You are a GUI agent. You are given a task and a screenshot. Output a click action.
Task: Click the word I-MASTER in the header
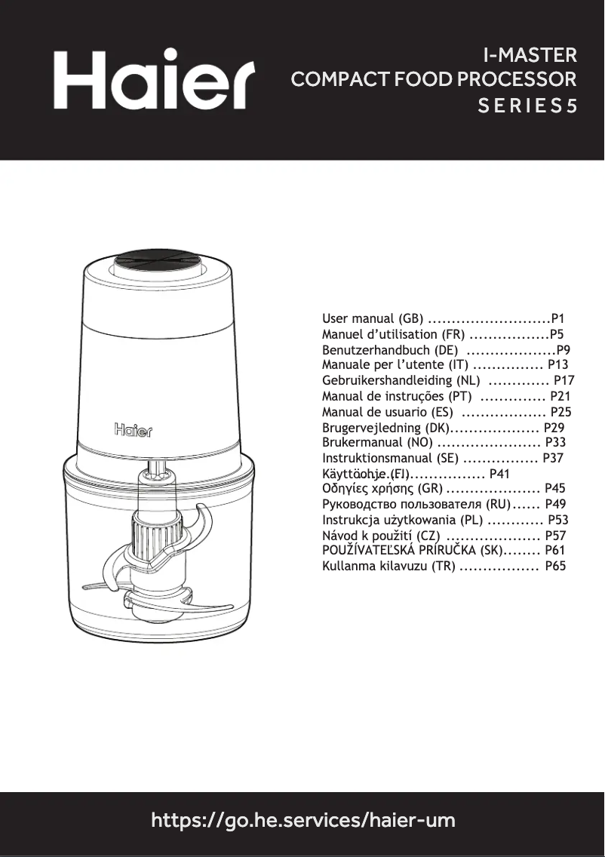click(x=530, y=55)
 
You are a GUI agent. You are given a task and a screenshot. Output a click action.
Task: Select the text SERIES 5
click(x=528, y=106)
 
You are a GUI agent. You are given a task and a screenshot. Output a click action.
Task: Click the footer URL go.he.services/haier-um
click(x=303, y=820)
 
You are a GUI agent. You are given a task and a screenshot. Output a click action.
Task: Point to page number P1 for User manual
click(x=558, y=318)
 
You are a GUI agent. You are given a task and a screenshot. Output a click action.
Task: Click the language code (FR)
click(x=450, y=334)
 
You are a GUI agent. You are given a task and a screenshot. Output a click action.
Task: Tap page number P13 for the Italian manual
click(x=557, y=364)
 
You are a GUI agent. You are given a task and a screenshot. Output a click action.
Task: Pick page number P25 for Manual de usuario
click(x=561, y=412)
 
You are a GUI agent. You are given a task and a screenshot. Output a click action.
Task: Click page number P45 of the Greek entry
click(x=554, y=489)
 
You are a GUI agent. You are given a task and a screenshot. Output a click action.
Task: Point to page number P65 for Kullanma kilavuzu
click(x=555, y=566)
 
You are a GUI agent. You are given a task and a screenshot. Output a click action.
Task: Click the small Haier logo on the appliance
click(x=133, y=430)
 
